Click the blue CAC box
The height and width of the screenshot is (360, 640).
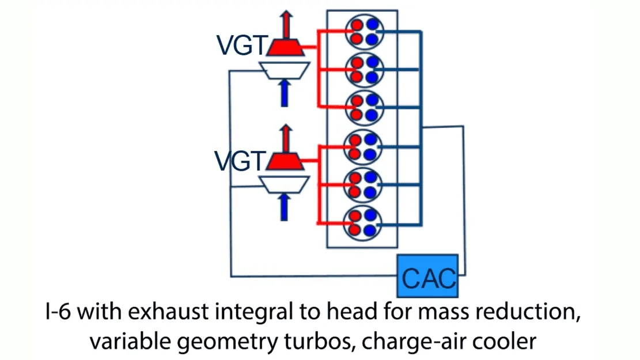pyautogui.click(x=427, y=276)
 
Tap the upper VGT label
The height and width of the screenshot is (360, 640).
pyautogui.click(x=241, y=45)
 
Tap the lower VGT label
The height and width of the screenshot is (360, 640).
pyautogui.click(x=240, y=161)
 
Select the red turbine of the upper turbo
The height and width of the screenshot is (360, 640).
pyautogui.click(x=285, y=47)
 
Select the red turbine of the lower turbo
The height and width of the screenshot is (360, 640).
pyautogui.click(x=285, y=161)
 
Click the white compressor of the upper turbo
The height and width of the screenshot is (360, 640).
pyautogui.click(x=285, y=70)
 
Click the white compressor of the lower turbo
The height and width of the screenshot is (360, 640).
pyautogui.click(x=285, y=184)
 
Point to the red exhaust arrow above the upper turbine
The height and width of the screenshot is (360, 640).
pyautogui.click(x=286, y=25)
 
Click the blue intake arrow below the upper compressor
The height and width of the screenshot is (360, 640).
pyautogui.click(x=285, y=93)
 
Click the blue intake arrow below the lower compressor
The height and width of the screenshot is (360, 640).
pyautogui.click(x=284, y=207)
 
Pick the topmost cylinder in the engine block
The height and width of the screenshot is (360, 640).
pyautogui.click(x=365, y=32)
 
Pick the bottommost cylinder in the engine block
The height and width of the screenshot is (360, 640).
pyautogui.click(x=363, y=223)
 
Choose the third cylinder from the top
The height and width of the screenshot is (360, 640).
pyautogui.click(x=365, y=108)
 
